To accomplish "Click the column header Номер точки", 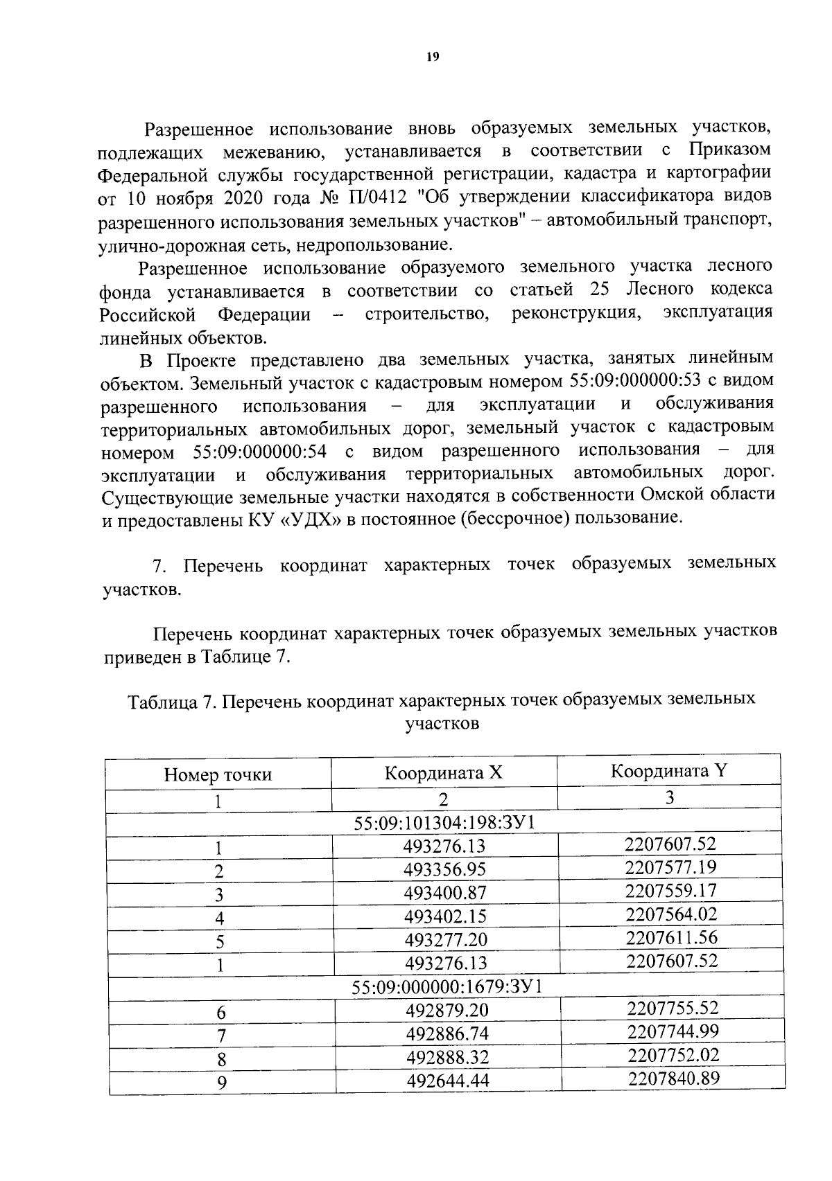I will point(218,774).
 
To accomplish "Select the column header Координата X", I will point(444,772).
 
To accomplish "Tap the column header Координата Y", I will point(668,770).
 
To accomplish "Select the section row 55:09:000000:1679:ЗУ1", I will point(447,986).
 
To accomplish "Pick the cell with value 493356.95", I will point(445,869).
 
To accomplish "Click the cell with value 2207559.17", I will point(670,890).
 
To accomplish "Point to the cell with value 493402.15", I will point(446,916).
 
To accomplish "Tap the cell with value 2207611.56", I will point(671,937).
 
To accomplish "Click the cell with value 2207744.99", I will point(673,1031).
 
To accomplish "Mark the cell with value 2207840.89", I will point(673,1078).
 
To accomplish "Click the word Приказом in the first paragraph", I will point(729,150).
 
